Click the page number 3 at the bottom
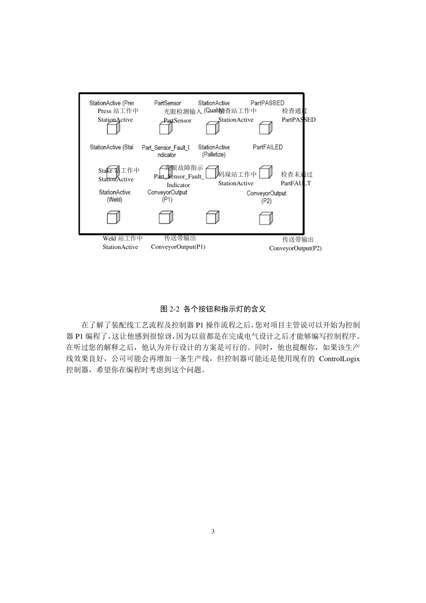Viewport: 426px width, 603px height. pyautogui.click(x=213, y=532)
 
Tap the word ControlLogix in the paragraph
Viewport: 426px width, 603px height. pyautogui.click(x=339, y=359)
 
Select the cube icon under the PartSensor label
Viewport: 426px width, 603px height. pyautogui.click(x=165, y=128)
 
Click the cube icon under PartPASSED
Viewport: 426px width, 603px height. pyautogui.click(x=265, y=128)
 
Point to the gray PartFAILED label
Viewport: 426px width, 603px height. pyautogui.click(x=268, y=147)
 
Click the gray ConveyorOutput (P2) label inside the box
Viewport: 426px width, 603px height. pyautogui.click(x=266, y=197)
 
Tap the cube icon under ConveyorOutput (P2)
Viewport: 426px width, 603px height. pyautogui.click(x=265, y=218)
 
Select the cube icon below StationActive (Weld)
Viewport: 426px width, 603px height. pyautogui.click(x=113, y=218)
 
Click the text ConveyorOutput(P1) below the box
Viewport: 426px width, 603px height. pyautogui.click(x=178, y=247)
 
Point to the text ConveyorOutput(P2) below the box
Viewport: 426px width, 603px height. pyautogui.click(x=295, y=248)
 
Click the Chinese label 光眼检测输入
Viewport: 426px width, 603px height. pyautogui.click(x=183, y=111)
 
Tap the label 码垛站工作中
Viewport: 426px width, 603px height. pyautogui.click(x=238, y=175)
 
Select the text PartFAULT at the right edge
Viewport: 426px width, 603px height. pyautogui.click(x=296, y=183)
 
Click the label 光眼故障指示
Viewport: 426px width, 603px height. pyautogui.click(x=184, y=168)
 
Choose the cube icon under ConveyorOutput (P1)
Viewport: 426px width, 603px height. pyautogui.click(x=165, y=218)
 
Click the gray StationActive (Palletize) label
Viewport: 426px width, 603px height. pyautogui.click(x=214, y=151)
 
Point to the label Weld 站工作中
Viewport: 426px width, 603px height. pyautogui.click(x=122, y=238)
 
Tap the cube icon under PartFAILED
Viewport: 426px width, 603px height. pyautogui.click(x=265, y=173)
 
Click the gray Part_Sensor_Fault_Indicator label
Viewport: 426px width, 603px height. pyautogui.click(x=165, y=151)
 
